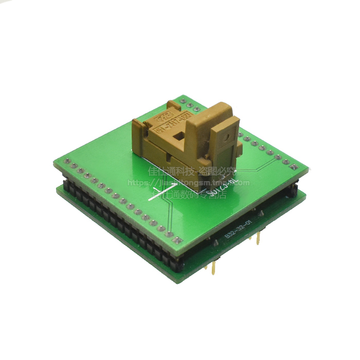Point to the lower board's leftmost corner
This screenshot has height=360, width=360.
(58, 190)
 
